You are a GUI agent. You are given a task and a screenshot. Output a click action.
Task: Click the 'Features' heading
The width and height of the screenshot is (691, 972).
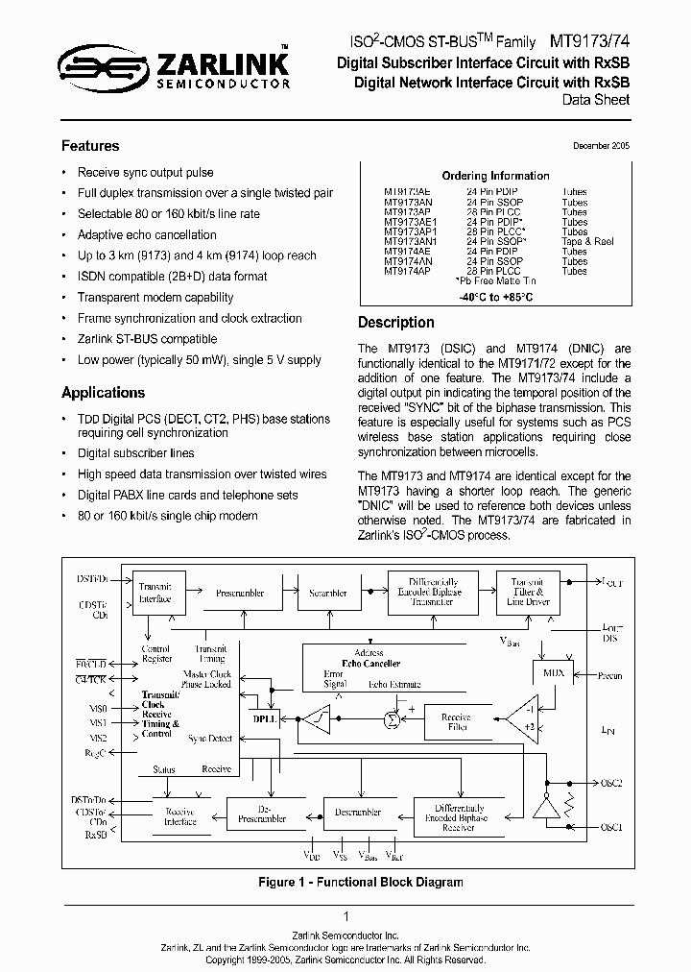90,146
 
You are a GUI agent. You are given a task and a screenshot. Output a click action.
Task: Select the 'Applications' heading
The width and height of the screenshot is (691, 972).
103,392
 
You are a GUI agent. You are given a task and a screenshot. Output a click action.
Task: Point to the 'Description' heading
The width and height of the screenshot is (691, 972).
395,323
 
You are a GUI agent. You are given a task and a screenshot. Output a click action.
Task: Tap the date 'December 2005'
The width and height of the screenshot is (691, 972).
601,146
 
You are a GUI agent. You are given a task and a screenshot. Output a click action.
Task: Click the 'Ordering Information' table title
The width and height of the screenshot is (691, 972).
495,176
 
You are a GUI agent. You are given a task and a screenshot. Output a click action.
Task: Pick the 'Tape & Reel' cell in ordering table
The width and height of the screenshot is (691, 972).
587,241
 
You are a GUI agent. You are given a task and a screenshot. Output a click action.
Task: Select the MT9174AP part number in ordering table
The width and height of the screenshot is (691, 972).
408,272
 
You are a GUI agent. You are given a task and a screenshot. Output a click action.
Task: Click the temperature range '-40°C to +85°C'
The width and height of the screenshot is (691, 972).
494,297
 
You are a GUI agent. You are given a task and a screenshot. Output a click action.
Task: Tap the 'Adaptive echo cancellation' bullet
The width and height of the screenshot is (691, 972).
147,234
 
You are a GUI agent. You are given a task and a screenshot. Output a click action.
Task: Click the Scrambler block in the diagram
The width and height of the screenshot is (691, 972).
327,593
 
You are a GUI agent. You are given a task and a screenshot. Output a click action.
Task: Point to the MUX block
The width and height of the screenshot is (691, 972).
553,673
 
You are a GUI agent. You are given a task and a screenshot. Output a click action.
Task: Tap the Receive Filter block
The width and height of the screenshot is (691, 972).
455,722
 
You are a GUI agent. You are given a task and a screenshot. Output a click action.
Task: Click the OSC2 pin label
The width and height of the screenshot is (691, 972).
611,783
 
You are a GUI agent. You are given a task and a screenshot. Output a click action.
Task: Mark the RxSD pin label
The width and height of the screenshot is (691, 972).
96,835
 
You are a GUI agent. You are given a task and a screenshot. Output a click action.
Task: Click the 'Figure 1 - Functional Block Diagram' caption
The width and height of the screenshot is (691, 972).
345,882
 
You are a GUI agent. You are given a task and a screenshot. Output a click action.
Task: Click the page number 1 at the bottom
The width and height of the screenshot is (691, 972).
345,917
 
